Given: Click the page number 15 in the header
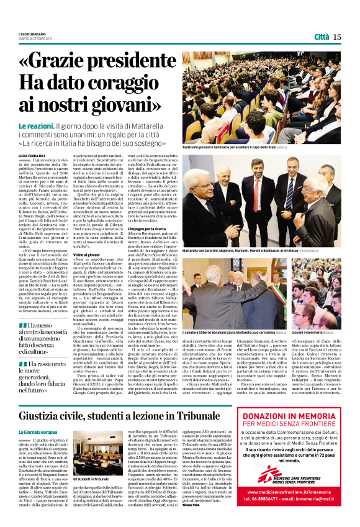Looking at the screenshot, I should tap(337, 37).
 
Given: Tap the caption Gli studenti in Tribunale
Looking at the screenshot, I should tap(89, 462).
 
